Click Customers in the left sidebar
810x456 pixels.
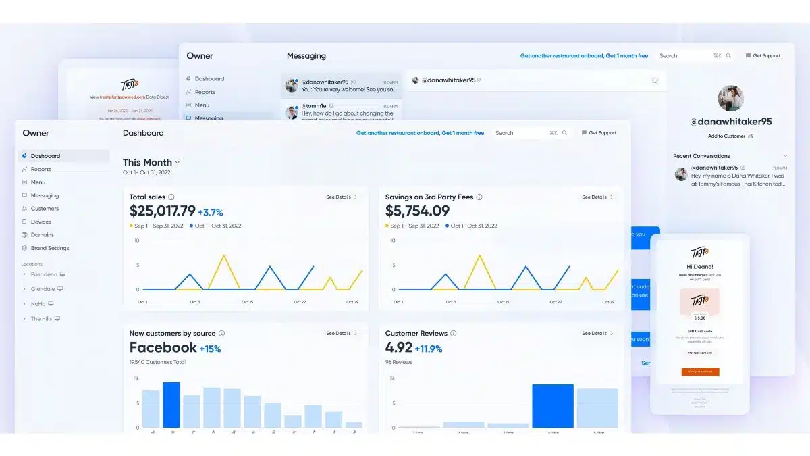(45, 209)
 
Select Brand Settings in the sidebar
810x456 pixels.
(49, 248)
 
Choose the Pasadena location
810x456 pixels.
(44, 274)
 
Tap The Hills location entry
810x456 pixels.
(41, 318)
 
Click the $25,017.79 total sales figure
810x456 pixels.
(162, 211)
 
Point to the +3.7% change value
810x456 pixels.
(210, 212)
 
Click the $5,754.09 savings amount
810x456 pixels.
(417, 211)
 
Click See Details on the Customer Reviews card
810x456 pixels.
(597, 333)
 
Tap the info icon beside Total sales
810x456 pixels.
(171, 197)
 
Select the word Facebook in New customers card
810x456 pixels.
(163, 348)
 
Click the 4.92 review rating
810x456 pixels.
(398, 348)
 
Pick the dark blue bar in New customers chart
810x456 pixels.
(171, 405)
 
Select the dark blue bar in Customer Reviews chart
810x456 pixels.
(552, 405)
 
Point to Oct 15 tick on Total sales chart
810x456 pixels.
(247, 302)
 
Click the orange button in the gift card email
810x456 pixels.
(699, 372)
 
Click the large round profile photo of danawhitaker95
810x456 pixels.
(730, 99)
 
